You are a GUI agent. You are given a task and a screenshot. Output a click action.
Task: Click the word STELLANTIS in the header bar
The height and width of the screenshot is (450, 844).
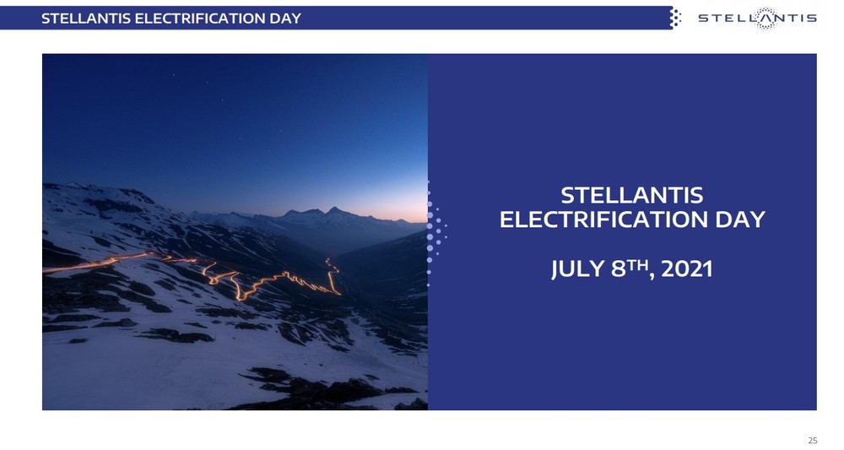click(x=86, y=19)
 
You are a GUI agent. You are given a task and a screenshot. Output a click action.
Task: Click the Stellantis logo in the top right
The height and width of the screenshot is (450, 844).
click(x=757, y=19)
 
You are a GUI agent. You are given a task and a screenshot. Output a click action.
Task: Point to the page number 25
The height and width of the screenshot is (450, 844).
click(x=812, y=441)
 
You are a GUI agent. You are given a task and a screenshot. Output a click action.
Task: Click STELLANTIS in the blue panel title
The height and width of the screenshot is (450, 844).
click(x=632, y=195)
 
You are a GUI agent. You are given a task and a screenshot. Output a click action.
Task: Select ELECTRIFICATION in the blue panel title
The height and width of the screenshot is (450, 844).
click(x=603, y=220)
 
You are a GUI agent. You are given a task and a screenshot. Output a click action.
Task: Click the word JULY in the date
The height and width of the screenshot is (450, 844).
click(x=578, y=268)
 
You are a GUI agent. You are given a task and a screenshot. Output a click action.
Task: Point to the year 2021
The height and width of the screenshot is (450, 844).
click(x=687, y=268)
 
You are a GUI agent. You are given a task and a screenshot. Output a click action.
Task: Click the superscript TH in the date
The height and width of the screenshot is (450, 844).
click(x=638, y=264)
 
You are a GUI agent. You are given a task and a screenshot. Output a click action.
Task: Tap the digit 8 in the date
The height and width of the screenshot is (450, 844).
click(x=619, y=268)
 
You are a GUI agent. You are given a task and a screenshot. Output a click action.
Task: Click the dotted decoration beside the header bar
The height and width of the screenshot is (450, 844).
click(x=675, y=18)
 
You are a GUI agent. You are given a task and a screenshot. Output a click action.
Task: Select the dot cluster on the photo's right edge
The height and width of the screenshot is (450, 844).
click(x=436, y=232)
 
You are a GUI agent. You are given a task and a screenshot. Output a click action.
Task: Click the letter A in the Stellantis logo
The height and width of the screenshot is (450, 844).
click(x=765, y=19)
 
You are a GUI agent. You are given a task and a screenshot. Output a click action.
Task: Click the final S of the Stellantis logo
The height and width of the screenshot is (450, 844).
click(x=812, y=19)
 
